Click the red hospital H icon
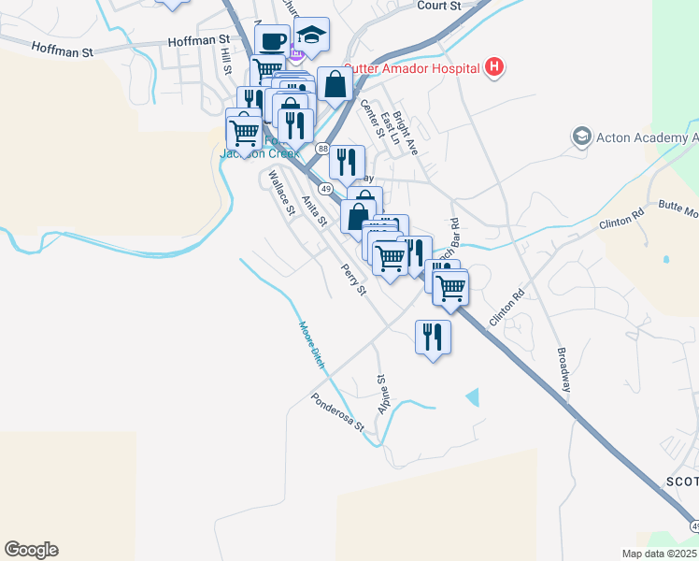(495, 67)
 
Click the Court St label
(440, 6)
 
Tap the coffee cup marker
(272, 42)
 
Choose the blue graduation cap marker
(311, 36)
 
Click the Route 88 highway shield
(322, 150)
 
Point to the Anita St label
(314, 210)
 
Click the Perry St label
(352, 280)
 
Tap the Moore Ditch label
(311, 345)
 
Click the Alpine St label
(382, 396)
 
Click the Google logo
(31, 550)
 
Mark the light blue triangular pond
(473, 396)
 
